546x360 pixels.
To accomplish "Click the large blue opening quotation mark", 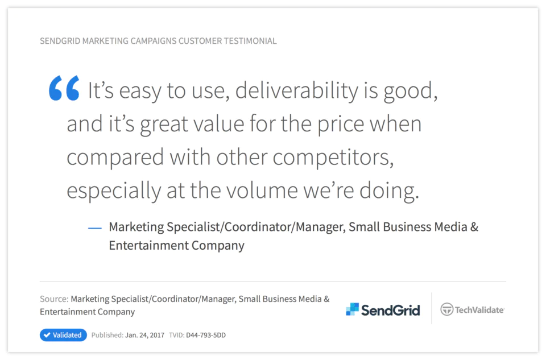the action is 64,88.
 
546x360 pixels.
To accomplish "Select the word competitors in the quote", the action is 333,158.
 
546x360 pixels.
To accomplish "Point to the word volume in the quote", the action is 262,190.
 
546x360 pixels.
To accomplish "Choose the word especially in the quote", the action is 114,191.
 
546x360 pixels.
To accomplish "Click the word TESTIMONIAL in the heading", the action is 250,41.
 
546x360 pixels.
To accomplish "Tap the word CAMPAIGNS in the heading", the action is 153,41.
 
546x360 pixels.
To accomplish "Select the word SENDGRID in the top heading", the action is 60,41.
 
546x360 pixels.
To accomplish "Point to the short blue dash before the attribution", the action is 95,229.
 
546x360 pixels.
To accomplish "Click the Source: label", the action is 54,299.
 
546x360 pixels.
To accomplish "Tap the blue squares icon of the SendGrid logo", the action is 352,309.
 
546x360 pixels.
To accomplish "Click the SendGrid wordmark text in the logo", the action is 390,310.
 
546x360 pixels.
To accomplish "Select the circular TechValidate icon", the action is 447,309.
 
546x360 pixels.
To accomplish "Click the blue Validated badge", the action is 63,335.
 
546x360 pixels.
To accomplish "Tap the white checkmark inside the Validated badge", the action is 47,335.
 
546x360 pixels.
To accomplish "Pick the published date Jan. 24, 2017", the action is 144,336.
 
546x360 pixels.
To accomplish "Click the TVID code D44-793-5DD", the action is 206,336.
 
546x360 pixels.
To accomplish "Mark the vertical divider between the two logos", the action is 432,308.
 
